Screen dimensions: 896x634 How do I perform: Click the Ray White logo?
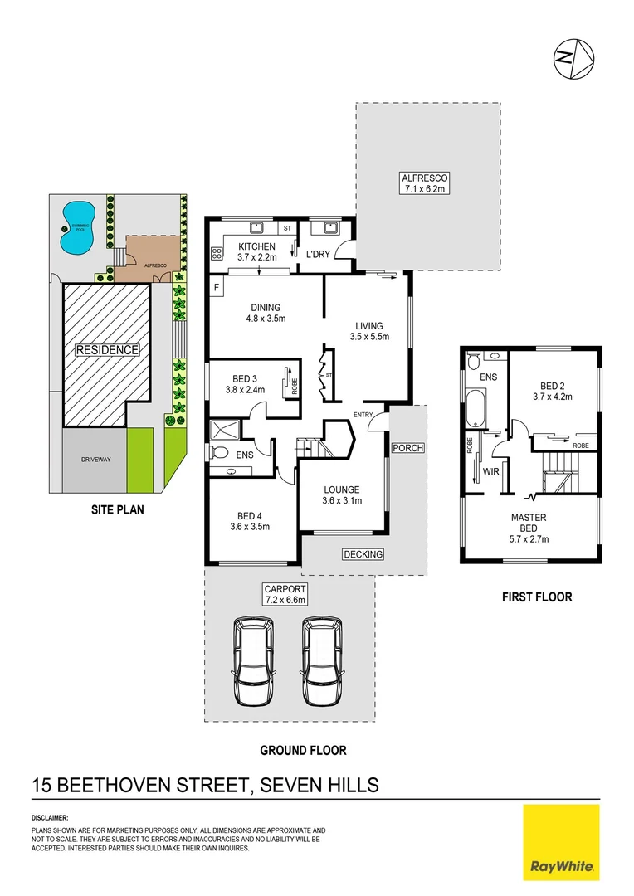click(561, 841)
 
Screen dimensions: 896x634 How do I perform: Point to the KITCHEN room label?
click(256, 247)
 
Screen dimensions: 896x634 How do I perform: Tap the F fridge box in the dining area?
click(217, 288)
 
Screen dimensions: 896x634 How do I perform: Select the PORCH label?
click(408, 448)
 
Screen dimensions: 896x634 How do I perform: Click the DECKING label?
click(363, 554)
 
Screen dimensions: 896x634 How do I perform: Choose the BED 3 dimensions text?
click(244, 390)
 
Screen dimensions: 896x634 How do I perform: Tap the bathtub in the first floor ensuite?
click(475, 414)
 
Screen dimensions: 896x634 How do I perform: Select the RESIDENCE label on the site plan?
click(107, 350)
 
